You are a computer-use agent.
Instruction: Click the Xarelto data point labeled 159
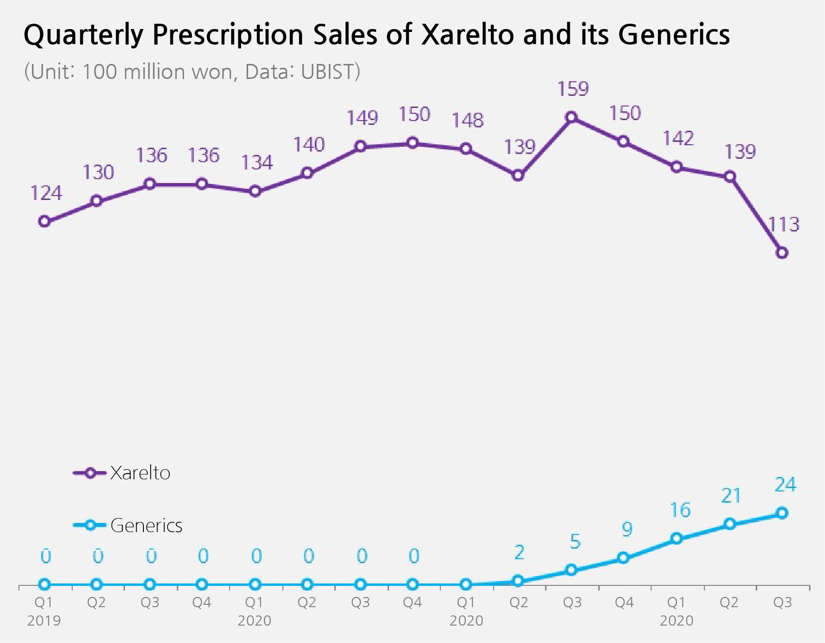(572, 117)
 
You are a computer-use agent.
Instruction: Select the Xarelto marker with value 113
(782, 253)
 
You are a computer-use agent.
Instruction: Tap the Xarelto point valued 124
(44, 222)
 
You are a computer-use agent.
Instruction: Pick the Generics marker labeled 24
(782, 513)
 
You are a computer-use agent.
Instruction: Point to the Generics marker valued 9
(624, 558)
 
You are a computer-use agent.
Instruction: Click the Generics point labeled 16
(677, 538)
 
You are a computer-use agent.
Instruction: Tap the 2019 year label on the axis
(44, 621)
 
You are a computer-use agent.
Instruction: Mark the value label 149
(362, 118)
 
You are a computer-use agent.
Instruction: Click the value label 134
(257, 163)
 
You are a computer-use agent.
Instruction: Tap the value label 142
(678, 139)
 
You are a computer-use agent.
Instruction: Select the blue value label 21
(731, 496)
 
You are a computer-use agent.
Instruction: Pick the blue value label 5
(575, 541)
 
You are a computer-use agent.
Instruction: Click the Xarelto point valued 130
(97, 201)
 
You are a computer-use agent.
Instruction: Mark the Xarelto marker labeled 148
(466, 149)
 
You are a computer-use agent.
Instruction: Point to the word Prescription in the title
(228, 35)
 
